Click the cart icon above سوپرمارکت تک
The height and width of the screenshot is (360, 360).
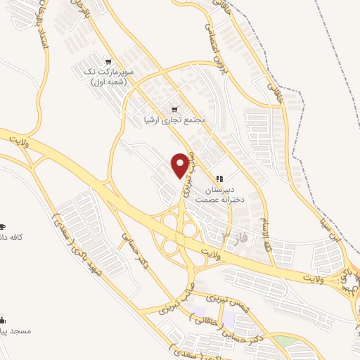(107, 61)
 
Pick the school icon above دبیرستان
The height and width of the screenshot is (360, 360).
(219, 179)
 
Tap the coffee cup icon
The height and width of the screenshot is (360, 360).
(2, 226)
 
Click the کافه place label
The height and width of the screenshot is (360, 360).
(13, 237)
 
